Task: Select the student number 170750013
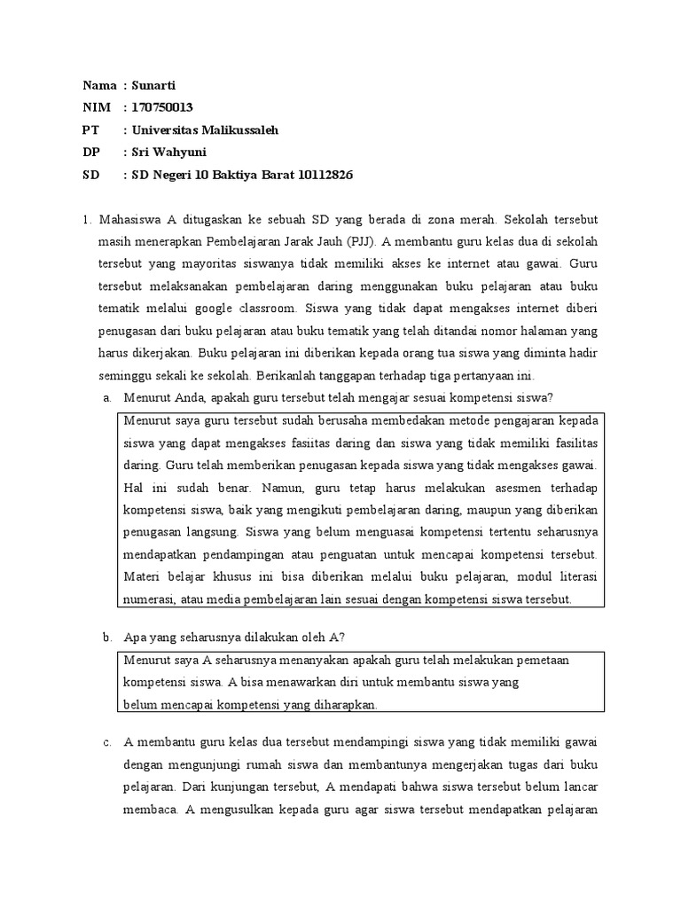(x=162, y=107)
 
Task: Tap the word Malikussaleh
(x=236, y=129)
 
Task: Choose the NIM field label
(x=95, y=107)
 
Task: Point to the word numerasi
(x=148, y=599)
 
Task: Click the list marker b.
(x=106, y=637)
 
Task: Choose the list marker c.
(x=106, y=741)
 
